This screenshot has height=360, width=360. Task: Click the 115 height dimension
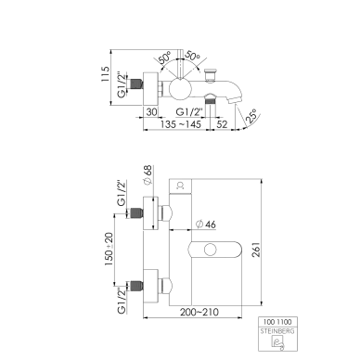pos(106,74)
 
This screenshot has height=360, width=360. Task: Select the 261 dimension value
pos(256,250)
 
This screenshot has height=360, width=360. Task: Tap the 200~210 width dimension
pos(199,312)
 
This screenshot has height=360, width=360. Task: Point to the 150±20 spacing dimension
pos(109,250)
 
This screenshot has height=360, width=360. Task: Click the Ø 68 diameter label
pos(148,175)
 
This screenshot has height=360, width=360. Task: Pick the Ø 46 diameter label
pos(206,225)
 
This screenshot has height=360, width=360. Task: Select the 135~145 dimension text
pos(181,124)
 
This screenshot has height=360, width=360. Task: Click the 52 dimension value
pos(222,124)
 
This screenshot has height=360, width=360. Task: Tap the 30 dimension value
pos(151,111)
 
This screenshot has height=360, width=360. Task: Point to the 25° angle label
pos(251,116)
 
